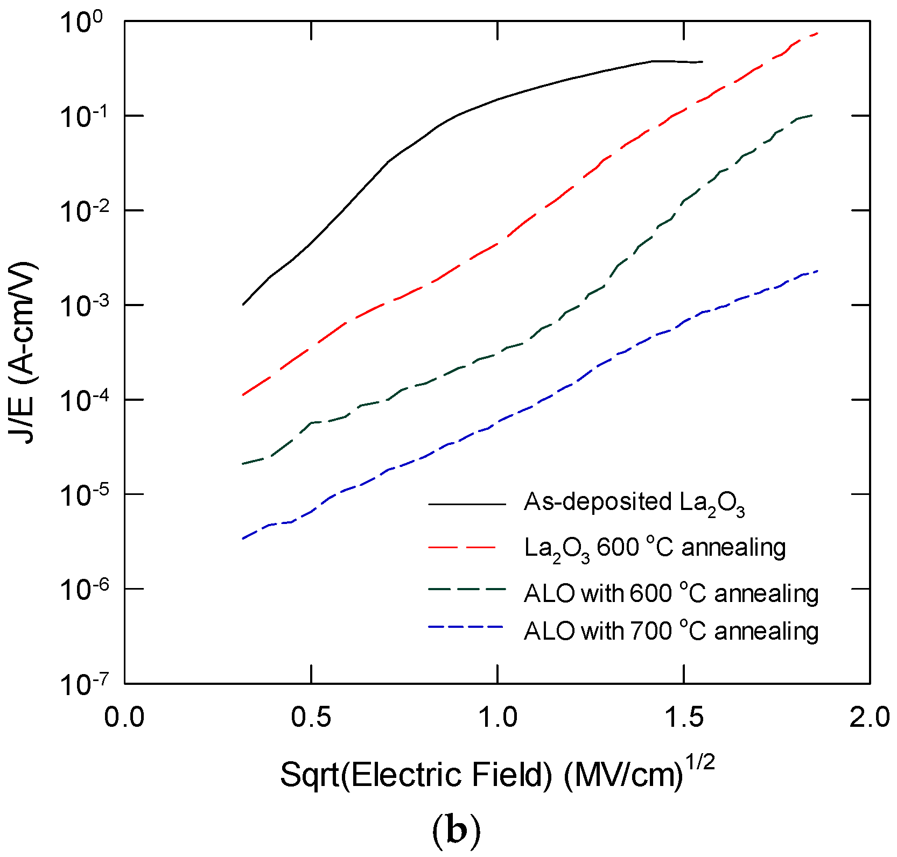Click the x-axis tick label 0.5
(311, 718)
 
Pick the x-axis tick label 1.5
(683, 718)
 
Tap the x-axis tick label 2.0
(869, 718)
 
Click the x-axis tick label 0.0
(124, 718)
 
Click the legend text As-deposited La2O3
(634, 503)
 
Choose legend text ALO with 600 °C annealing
(671, 594)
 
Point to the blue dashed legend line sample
(466, 627)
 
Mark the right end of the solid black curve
(702, 62)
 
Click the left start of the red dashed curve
(244, 394)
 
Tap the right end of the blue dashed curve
(818, 271)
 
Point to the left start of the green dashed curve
(244, 463)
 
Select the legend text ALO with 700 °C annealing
(671, 631)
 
